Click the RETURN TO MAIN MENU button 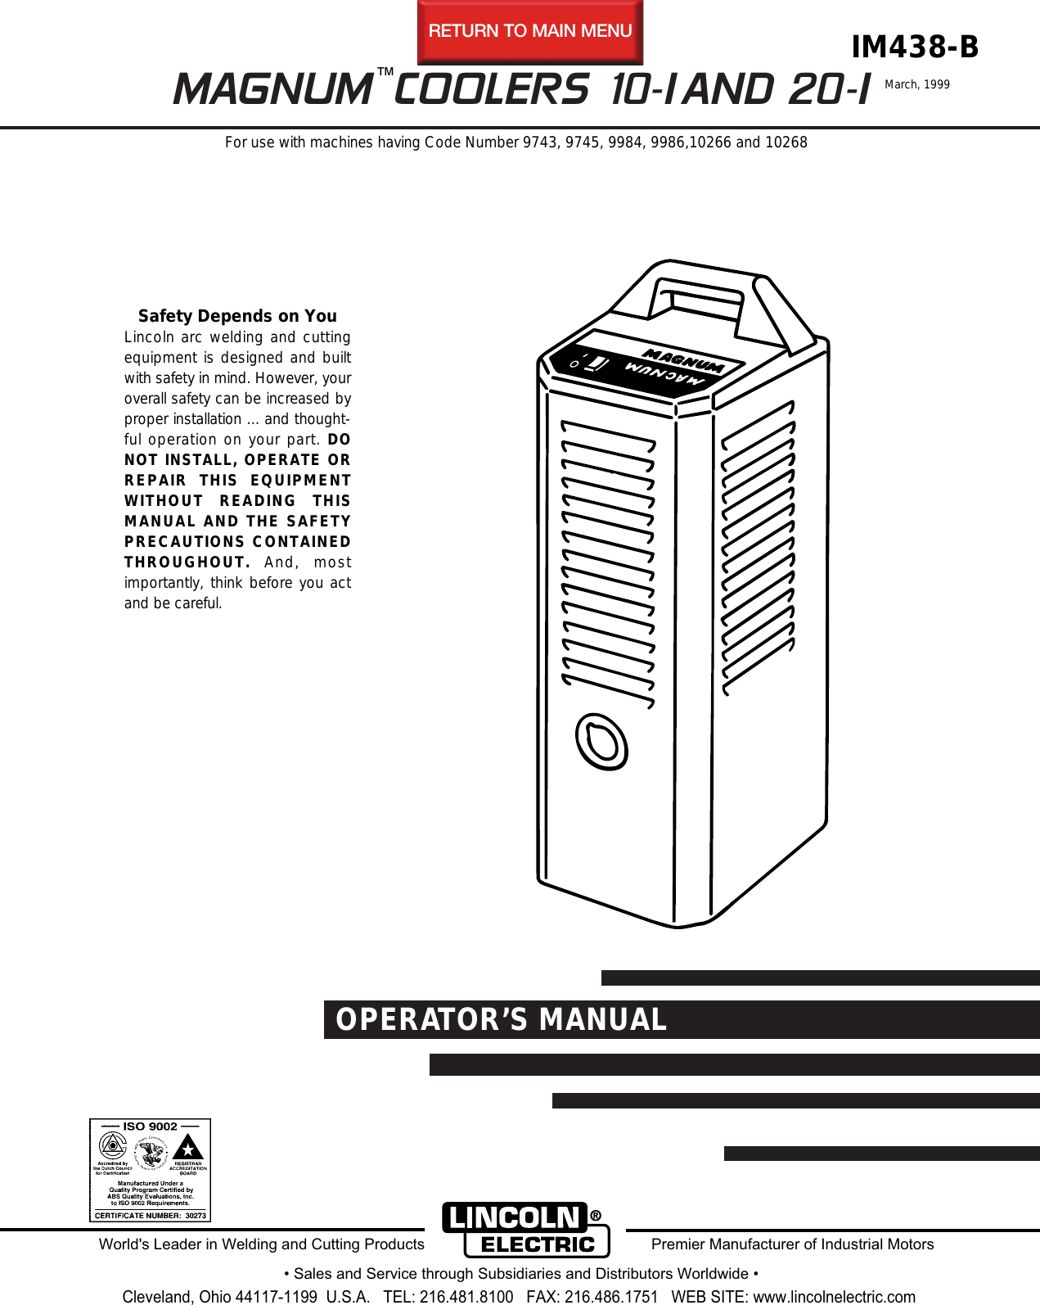point(530,32)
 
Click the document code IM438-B point(914,47)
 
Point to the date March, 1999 point(916,84)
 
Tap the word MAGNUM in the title point(272,90)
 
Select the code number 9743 point(539,142)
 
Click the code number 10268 point(786,142)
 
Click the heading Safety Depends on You point(237,316)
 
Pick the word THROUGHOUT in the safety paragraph point(187,562)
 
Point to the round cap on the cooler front point(601,742)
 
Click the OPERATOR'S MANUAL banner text point(501,1020)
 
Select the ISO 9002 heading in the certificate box point(150,1127)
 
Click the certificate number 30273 point(196,1216)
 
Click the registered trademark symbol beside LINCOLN point(596,1216)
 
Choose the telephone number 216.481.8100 point(466,1297)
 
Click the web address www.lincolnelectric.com point(834,1297)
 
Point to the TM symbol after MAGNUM point(385,73)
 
